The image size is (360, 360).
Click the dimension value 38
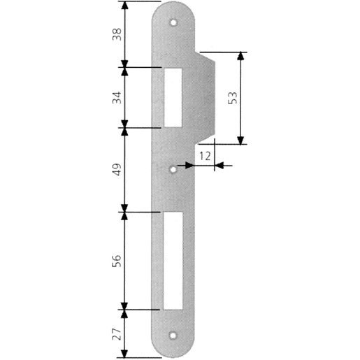tap(117, 34)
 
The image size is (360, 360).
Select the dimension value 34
tap(117, 98)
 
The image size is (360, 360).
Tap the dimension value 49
tap(117, 169)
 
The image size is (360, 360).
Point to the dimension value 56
tap(117, 260)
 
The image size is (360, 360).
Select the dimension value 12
tap(204, 155)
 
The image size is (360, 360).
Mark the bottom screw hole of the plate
tap(173, 335)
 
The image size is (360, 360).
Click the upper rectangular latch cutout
tap(173, 98)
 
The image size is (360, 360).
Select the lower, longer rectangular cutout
tap(173, 260)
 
